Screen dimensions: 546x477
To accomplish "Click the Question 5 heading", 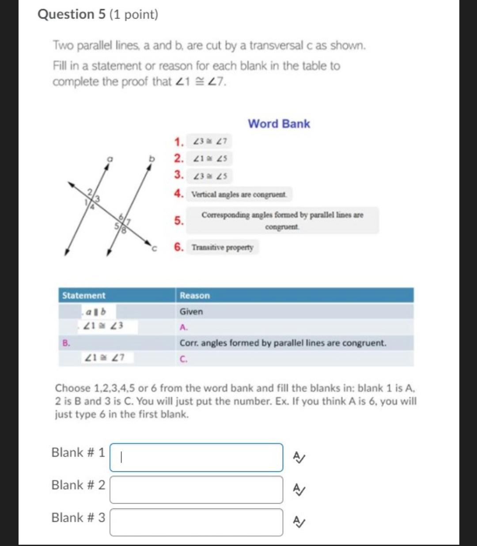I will [x=98, y=15].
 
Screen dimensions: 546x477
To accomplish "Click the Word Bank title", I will [x=279, y=124].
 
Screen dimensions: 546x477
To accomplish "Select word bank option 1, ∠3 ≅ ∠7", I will [x=209, y=142].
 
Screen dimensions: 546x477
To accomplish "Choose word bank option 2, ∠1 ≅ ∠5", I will [x=209, y=158].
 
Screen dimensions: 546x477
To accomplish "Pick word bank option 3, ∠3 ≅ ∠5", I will [x=209, y=176].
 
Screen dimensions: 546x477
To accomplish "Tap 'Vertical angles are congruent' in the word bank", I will [x=239, y=194].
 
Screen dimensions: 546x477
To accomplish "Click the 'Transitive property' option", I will [x=222, y=247].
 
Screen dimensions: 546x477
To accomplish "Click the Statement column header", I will [x=84, y=295].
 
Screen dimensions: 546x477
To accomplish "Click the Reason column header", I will [x=195, y=295].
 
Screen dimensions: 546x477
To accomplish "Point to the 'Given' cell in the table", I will [x=191, y=312].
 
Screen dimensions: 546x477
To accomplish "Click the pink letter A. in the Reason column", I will [x=184, y=328].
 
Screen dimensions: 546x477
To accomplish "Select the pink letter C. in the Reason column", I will [x=184, y=359].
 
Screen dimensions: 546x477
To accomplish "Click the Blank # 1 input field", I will [x=196, y=457].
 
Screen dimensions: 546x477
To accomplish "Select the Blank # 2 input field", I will [x=196, y=490].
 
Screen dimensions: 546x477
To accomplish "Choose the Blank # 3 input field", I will [x=196, y=522].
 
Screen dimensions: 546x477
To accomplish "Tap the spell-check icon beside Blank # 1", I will [x=299, y=458].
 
